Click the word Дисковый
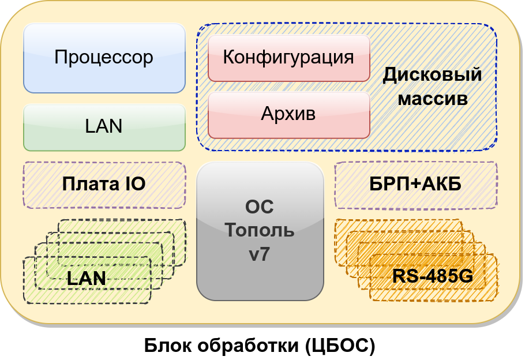pyautogui.click(x=432, y=75)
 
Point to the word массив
pyautogui.click(x=433, y=98)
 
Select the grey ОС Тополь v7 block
pyautogui.click(x=260, y=277)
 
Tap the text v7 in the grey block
pyautogui.click(x=260, y=254)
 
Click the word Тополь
pyautogui.click(x=260, y=230)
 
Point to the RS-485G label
pyautogui.click(x=433, y=277)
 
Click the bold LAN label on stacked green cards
pyautogui.click(x=87, y=278)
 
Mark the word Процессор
pyautogui.click(x=104, y=57)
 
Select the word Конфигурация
pyautogui.click(x=288, y=57)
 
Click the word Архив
pyautogui.click(x=288, y=114)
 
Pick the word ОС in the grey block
pyautogui.click(x=260, y=207)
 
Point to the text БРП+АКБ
pyautogui.click(x=415, y=185)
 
